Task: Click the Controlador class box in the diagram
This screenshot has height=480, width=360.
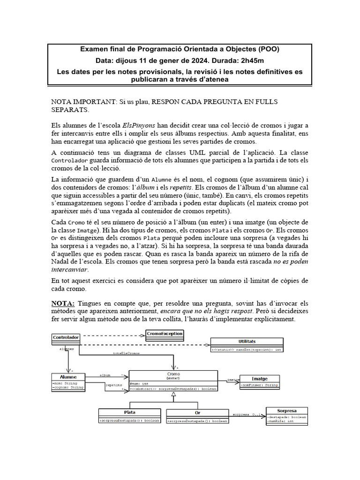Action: pyautogui.click(x=65, y=337)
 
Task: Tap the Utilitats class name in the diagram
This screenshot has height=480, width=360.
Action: pyautogui.click(x=247, y=342)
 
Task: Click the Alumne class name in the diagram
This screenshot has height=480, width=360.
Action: pyautogui.click(x=67, y=377)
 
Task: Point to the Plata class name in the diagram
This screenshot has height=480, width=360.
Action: pyautogui.click(x=129, y=412)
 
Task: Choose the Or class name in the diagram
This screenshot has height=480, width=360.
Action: pyautogui.click(x=197, y=412)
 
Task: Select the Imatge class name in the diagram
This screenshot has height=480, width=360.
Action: pyautogui.click(x=259, y=378)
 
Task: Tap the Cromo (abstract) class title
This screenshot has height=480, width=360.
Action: pyautogui.click(x=173, y=375)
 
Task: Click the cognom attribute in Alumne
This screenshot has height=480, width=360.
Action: pyautogui.click(x=67, y=388)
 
